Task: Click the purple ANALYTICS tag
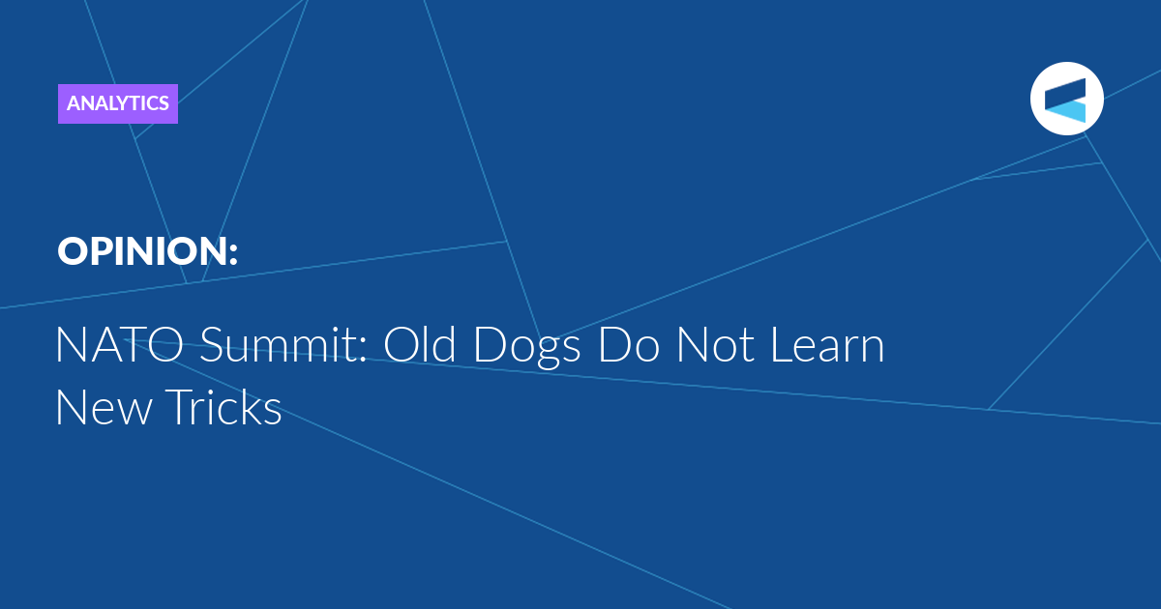(118, 103)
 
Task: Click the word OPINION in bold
(142, 251)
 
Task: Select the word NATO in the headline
(120, 344)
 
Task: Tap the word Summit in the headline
(280, 344)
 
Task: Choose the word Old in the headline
(419, 344)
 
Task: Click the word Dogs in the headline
(526, 348)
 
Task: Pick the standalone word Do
(629, 344)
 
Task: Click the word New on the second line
(104, 407)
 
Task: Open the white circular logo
(1066, 99)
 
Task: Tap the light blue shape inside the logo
(1065, 112)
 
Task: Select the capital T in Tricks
(179, 407)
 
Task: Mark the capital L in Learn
(783, 345)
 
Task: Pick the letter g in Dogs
(548, 353)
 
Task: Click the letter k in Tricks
(251, 406)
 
